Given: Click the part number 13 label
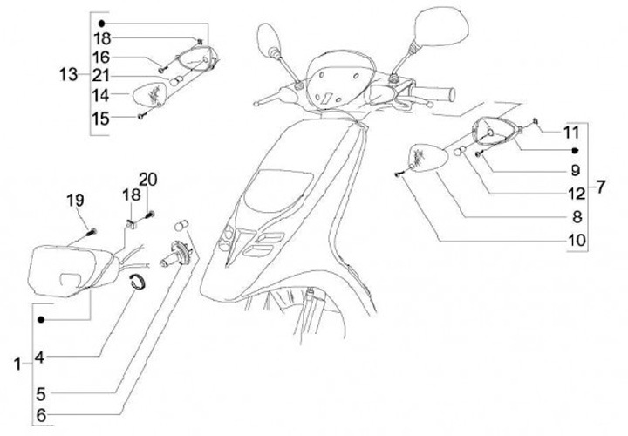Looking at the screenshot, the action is tap(69, 75).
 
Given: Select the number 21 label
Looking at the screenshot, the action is tap(102, 75).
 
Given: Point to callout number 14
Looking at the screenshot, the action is tap(102, 94).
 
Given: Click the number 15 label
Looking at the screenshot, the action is tap(102, 117).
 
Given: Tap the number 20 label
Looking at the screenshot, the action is tap(147, 179).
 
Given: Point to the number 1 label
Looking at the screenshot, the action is tap(18, 364).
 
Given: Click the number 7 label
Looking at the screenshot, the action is tap(600, 186).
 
